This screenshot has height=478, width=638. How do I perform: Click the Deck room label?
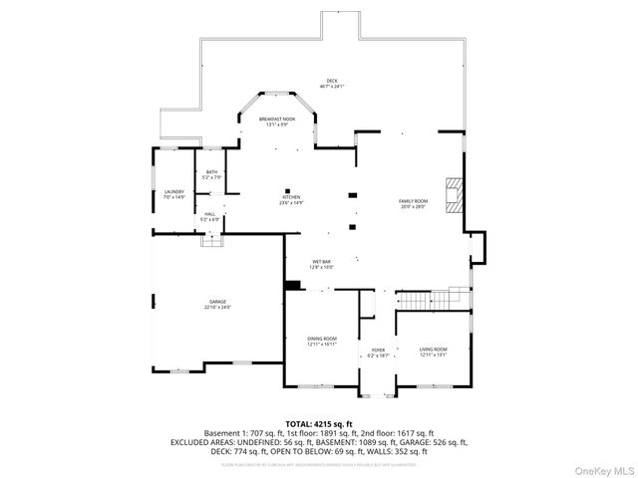(x=332, y=83)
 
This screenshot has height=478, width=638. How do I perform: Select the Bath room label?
(x=211, y=174)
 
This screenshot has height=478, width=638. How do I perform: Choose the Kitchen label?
(x=291, y=199)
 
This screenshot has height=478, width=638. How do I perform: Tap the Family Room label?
(x=414, y=203)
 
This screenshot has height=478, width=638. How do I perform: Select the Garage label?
(x=217, y=303)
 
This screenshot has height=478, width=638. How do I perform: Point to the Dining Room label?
(x=322, y=341)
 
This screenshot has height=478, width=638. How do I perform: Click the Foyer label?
(x=379, y=352)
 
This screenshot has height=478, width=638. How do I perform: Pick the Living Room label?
(x=433, y=351)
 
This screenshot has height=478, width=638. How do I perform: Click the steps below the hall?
(x=211, y=239)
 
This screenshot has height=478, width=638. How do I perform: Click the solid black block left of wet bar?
(x=292, y=287)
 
